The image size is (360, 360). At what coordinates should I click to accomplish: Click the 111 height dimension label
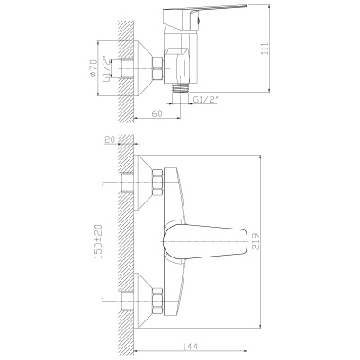click(x=265, y=49)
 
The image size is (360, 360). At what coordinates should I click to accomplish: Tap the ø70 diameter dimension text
click(x=94, y=68)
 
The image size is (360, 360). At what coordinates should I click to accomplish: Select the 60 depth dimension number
click(x=157, y=113)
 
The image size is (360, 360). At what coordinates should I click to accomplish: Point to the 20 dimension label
click(x=110, y=139)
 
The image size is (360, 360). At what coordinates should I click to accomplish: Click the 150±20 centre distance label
click(x=98, y=241)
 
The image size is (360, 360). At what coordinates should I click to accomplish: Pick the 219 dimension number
click(x=255, y=241)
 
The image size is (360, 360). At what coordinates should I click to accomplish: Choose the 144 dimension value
click(x=190, y=346)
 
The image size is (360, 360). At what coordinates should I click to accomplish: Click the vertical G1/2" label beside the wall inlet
click(x=106, y=68)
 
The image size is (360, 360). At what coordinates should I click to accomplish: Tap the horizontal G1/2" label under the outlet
click(x=205, y=100)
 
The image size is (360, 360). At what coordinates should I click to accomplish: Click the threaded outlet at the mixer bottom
click(x=181, y=88)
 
